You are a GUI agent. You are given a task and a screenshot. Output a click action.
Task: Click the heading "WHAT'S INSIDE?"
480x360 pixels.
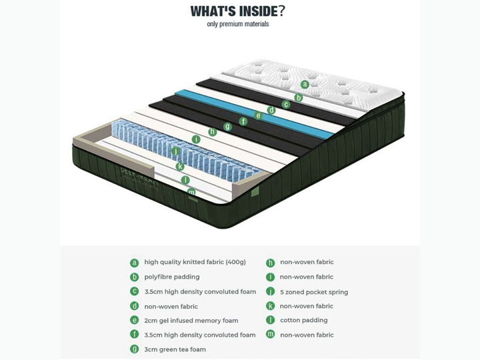[238, 11]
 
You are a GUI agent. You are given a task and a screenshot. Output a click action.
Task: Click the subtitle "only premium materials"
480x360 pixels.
[238, 24]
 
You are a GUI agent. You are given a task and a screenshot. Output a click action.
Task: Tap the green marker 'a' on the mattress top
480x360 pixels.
[305, 84]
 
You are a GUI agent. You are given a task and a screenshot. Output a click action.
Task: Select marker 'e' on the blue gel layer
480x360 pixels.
[259, 115]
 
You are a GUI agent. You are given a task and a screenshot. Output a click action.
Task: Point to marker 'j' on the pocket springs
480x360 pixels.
[176, 151]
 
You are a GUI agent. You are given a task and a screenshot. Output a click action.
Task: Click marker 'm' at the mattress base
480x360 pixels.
[192, 192]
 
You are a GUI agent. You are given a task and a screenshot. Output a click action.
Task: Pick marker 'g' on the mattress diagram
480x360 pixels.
[227, 126]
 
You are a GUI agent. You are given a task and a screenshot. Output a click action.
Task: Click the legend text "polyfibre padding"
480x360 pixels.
[172, 277]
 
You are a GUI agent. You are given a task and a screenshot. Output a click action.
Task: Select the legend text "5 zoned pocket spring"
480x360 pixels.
[313, 292]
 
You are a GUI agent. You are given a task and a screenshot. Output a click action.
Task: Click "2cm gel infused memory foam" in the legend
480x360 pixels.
[191, 321]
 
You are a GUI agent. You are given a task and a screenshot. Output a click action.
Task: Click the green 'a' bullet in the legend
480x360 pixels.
[135, 263]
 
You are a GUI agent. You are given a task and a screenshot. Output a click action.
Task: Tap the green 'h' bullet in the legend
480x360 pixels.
[270, 263]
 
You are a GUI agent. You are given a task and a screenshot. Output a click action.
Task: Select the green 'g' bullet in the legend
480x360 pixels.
[135, 349]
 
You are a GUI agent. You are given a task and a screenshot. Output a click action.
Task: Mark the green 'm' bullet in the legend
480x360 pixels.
[270, 335]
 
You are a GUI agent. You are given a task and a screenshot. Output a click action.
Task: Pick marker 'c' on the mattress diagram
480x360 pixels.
[286, 104]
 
